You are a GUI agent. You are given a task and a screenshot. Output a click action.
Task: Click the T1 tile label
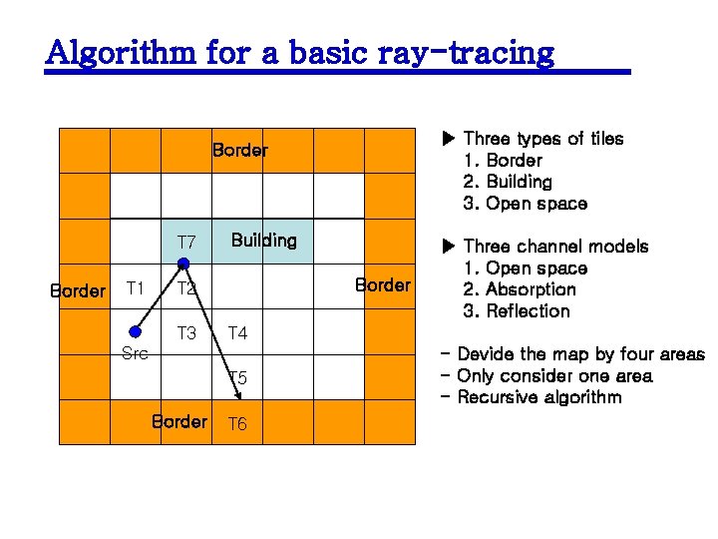tap(135, 288)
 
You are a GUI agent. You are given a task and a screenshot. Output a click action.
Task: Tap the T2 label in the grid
tap(185, 289)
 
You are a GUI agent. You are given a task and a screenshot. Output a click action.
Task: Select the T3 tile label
tap(185, 333)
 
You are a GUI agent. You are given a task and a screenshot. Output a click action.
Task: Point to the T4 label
tap(237, 333)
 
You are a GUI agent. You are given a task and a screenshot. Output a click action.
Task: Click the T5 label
tap(237, 378)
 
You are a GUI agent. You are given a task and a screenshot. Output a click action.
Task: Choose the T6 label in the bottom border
tap(237, 424)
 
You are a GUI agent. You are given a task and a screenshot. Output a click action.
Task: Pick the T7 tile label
tap(186, 243)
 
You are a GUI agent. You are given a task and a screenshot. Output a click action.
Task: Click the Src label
tap(135, 352)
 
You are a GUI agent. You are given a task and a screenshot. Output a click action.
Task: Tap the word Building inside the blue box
tap(263, 240)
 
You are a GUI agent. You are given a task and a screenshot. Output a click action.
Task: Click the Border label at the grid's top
tap(239, 151)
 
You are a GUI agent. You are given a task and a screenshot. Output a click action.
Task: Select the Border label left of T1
tap(77, 291)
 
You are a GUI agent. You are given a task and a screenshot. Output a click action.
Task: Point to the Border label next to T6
tap(179, 421)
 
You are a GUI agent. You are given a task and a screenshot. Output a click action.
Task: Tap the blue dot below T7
tap(183, 264)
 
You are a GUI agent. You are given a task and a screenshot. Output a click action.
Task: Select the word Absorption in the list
tap(531, 289)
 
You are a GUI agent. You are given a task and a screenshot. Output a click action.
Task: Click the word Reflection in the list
tap(528, 311)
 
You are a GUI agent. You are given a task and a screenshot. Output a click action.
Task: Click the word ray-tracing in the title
tap(465, 52)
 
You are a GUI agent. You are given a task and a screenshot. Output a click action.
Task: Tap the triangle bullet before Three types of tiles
tap(448, 139)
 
